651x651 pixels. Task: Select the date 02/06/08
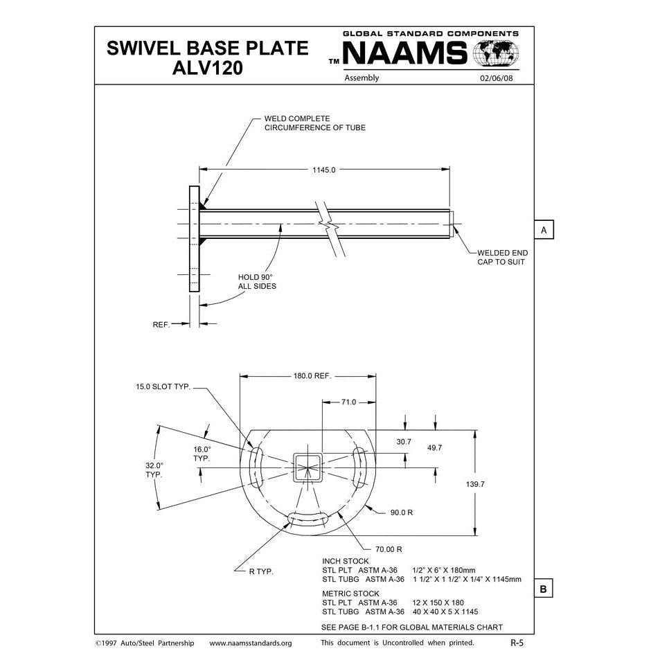pos(496,78)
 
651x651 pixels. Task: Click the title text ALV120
pos(206,69)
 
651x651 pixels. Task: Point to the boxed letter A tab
pos(544,229)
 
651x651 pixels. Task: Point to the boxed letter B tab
pos(544,589)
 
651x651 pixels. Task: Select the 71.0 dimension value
pos(348,402)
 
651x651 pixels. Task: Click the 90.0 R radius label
pos(402,513)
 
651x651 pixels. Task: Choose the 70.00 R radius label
pos(389,549)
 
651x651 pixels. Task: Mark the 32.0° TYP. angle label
pos(154,470)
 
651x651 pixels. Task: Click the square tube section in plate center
pos(307,468)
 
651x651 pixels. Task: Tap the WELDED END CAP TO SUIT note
pos(501,257)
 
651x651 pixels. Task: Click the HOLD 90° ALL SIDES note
pos(256,281)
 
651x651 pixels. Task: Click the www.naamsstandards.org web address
pos(251,643)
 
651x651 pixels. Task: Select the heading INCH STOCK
pos(346,560)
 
